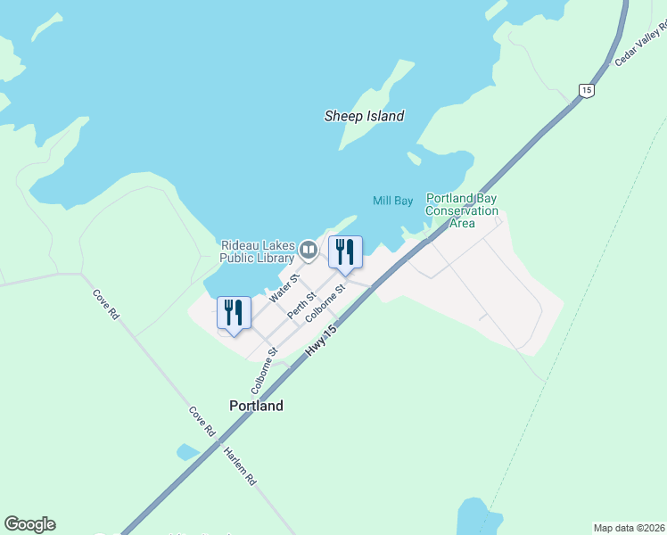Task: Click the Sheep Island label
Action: click(364, 116)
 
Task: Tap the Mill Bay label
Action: click(392, 201)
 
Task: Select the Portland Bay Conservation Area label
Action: click(461, 210)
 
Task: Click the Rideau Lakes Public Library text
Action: click(258, 251)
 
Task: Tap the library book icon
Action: click(309, 250)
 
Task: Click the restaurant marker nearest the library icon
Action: click(345, 252)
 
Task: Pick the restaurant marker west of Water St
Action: click(234, 313)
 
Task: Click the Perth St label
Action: click(302, 304)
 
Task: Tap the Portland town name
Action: click(256, 406)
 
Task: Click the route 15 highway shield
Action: click(585, 90)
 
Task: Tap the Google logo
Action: click(29, 524)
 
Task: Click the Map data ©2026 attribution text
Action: click(629, 528)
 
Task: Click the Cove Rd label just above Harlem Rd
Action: click(202, 421)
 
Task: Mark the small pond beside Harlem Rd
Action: click(188, 451)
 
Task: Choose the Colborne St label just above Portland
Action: click(265, 371)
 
